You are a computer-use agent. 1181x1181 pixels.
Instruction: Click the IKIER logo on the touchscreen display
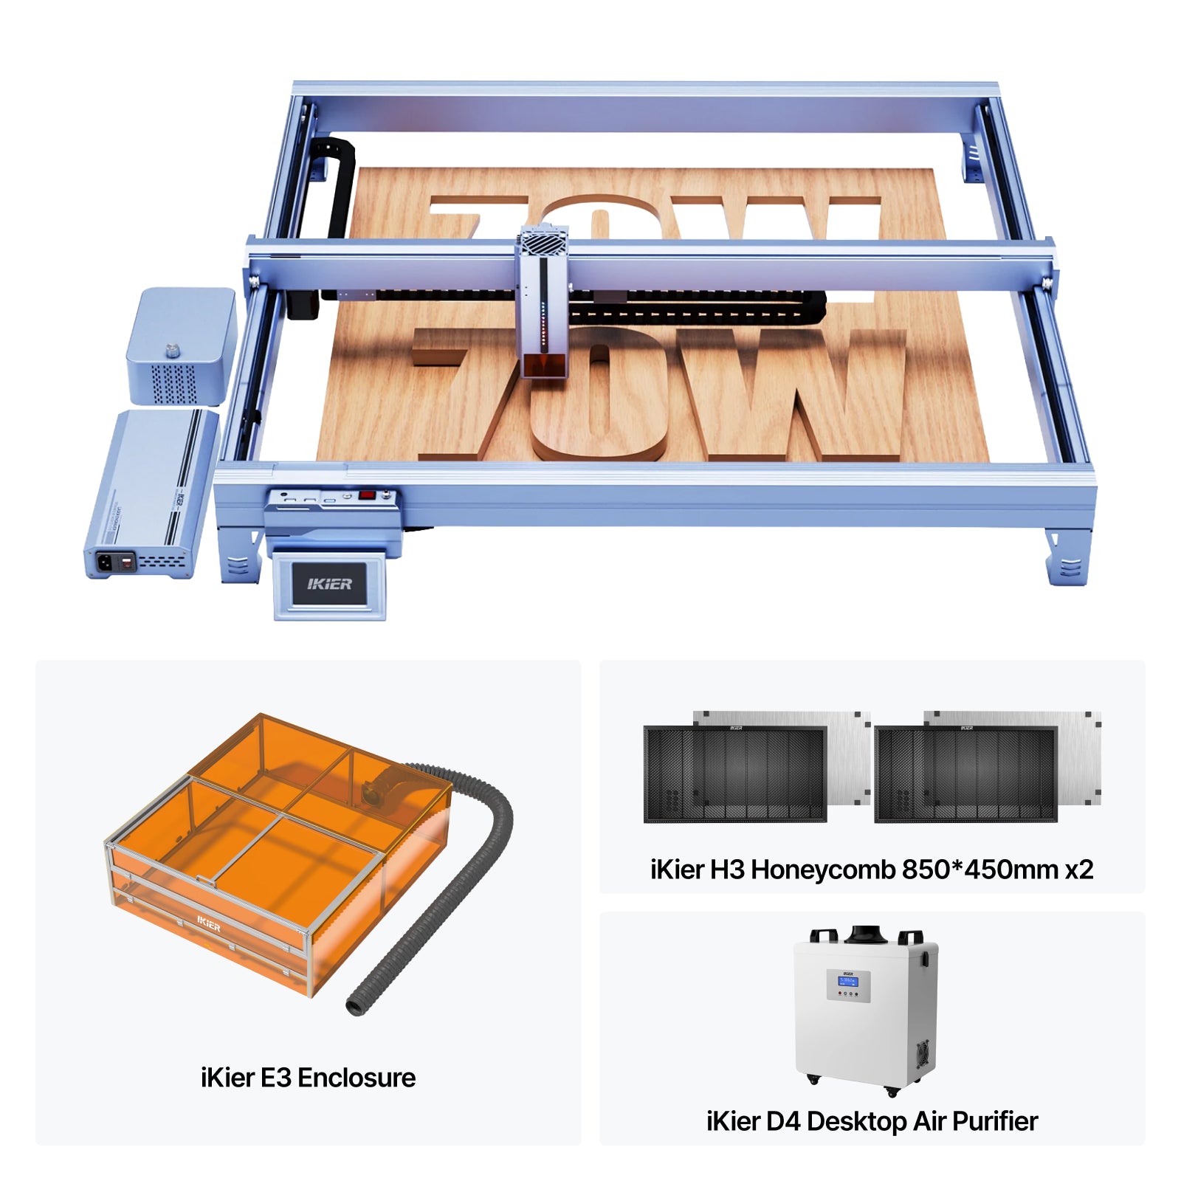[x=329, y=584]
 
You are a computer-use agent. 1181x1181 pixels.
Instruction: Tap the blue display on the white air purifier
[x=847, y=981]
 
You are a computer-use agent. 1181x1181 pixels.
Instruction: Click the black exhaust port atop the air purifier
[x=865, y=934]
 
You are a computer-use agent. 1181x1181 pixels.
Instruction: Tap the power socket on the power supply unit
[x=105, y=562]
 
